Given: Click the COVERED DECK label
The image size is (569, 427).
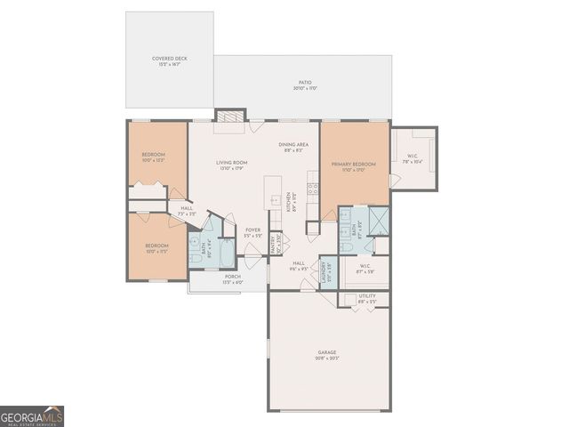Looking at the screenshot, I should click(169, 60).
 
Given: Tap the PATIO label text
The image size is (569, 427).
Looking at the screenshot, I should click(305, 85).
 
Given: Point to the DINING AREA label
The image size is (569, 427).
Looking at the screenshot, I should click(293, 147).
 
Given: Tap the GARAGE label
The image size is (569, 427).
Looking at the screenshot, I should click(328, 354).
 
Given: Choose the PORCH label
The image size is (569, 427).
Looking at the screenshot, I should click(232, 278).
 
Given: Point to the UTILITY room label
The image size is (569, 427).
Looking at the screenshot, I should click(367, 298).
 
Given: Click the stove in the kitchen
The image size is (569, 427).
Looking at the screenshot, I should click(313, 189).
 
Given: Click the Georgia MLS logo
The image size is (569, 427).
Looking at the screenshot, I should click(32, 416).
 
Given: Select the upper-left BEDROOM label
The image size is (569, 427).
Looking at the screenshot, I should click(155, 157).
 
